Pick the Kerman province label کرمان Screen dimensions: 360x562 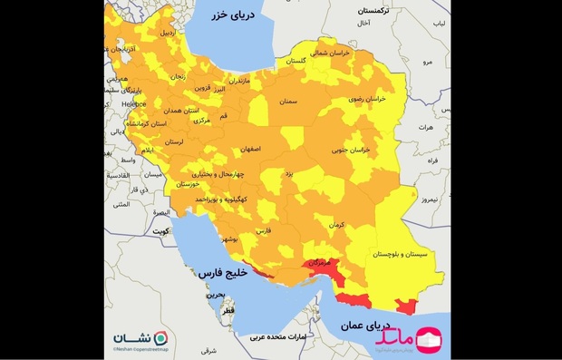point(338,223)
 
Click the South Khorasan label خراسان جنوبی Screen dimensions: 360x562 point(351,149)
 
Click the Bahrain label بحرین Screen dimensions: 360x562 point(214,295)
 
